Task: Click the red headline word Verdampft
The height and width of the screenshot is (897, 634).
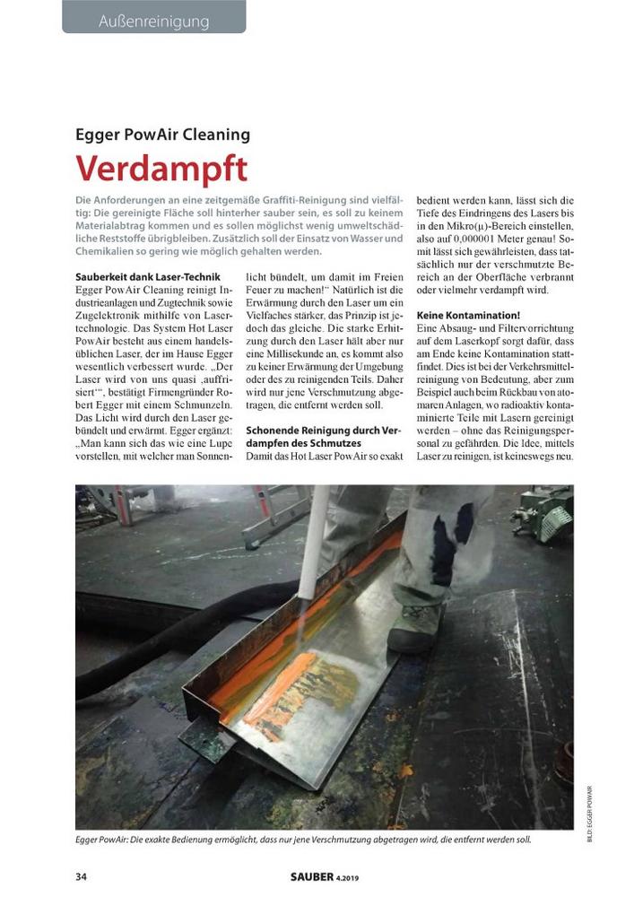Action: tap(161, 170)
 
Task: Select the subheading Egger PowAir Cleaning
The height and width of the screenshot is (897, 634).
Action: tap(162, 135)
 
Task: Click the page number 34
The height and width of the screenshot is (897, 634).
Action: tap(83, 875)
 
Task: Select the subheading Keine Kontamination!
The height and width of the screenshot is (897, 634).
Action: tap(468, 316)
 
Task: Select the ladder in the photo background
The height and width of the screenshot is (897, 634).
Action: tap(276, 516)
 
